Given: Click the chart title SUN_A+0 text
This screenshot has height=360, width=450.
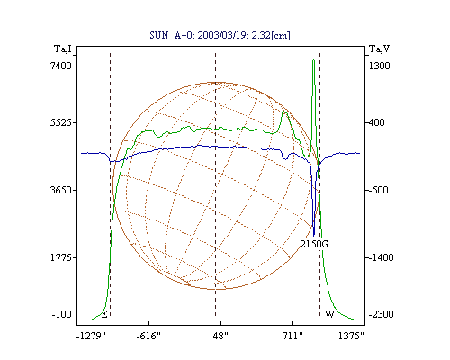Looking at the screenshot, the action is (220, 35).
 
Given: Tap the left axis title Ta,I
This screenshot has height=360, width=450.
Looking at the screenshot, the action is (63, 49).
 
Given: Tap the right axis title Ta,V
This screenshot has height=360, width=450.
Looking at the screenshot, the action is (379, 49).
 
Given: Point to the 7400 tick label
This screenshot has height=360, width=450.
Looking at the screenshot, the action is (61, 66).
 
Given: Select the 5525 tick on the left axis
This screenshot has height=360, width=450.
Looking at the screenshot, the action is (61, 122).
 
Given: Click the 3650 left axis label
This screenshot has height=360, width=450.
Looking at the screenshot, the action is (61, 190).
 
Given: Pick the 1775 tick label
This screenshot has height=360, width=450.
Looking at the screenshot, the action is (61, 257).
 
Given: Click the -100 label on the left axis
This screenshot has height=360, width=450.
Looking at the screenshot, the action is (61, 314).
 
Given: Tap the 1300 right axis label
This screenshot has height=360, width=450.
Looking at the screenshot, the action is (379, 66).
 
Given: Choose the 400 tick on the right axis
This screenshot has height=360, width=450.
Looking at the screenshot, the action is (377, 122).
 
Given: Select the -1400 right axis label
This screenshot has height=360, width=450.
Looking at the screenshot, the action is (381, 257).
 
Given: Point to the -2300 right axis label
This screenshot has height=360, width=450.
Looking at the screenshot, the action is (381, 314).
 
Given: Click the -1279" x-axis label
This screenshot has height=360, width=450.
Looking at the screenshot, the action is (91, 336).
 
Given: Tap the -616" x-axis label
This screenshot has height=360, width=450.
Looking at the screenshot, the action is (148, 336).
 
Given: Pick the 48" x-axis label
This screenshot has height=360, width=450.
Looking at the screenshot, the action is (220, 336).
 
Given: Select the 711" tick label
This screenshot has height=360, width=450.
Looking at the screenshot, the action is (292, 336).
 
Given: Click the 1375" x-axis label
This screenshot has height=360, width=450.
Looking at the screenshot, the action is (351, 336).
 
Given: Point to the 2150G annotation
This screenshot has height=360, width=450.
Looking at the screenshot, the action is (314, 244).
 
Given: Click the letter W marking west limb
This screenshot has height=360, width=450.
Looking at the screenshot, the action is (329, 314).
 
